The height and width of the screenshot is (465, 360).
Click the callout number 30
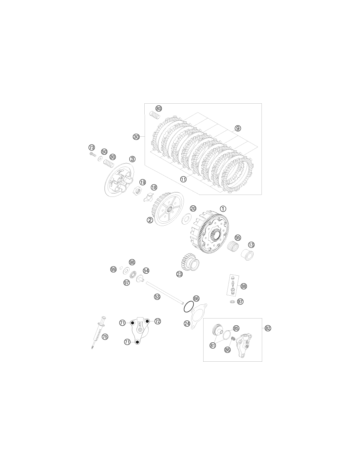coord(136,137)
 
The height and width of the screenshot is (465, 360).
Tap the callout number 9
coord(238,128)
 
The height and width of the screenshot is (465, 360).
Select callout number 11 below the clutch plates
coord(183,179)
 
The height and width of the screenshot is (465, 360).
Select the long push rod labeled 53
coord(165,293)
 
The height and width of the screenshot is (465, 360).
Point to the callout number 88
coord(243,286)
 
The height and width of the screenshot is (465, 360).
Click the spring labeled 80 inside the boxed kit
coord(154,115)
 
